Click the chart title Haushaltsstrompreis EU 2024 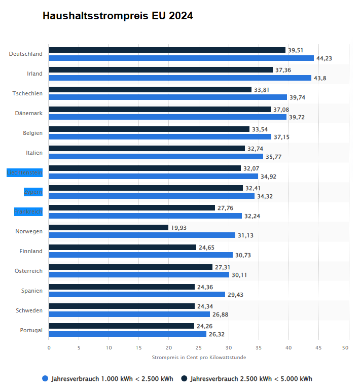click(x=118, y=16)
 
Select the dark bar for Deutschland click(x=167, y=50)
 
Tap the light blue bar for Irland click(x=180, y=78)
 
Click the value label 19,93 click(x=178, y=228)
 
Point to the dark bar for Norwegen click(x=109, y=228)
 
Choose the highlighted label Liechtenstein click(x=24, y=172)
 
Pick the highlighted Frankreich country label click(x=28, y=212)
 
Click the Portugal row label click(x=31, y=330)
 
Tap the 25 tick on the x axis click(x=199, y=348)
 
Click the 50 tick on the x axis click(x=345, y=348)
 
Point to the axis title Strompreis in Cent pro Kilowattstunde click(x=199, y=358)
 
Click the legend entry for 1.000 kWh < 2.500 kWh click(x=107, y=379)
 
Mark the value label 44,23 click(x=324, y=58)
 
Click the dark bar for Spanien click(x=122, y=287)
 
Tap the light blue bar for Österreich click(x=139, y=275)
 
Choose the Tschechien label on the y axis click(x=28, y=93)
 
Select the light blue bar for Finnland click(x=141, y=255)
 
